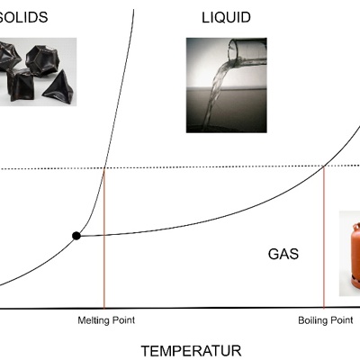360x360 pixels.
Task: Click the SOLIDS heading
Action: tap(23, 17)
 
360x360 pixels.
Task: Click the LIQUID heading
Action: tap(226, 18)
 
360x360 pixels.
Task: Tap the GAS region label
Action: tap(283, 254)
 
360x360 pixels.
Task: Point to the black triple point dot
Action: tap(76, 236)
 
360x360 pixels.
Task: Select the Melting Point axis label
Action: tap(106, 320)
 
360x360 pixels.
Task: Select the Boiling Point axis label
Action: tap(326, 320)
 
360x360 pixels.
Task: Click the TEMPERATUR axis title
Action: tap(191, 351)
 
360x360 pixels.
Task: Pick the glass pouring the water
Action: tap(247, 53)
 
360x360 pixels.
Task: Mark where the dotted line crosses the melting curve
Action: tap(104, 168)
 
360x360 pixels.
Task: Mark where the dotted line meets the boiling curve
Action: tap(324, 166)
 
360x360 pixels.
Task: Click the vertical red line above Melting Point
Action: tap(104, 238)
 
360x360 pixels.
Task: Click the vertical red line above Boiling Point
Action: tap(324, 237)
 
